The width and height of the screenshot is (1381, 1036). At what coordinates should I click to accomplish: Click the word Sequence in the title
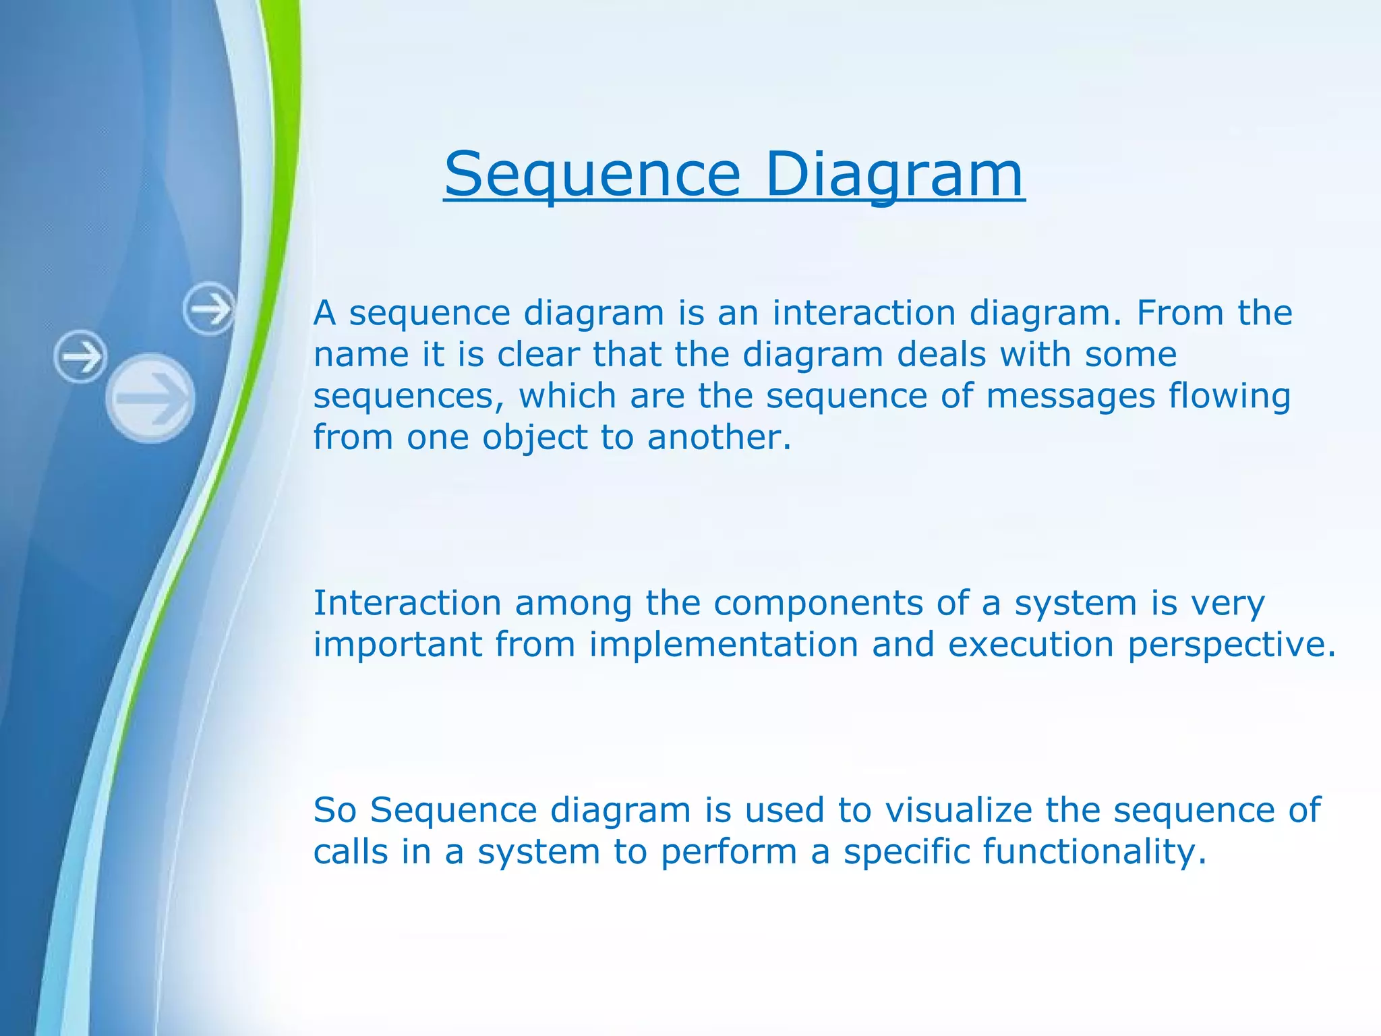point(592,175)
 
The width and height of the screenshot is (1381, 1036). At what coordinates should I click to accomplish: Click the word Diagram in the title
point(894,175)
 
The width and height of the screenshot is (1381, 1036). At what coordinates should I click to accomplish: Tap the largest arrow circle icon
point(151,398)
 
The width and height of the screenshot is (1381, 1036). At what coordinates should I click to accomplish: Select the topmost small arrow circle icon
point(209,310)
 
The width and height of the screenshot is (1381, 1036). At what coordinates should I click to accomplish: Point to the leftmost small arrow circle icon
point(80,356)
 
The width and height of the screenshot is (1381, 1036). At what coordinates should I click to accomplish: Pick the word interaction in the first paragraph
point(863,313)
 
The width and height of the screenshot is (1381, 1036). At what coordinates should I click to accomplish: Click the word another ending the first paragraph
point(717,438)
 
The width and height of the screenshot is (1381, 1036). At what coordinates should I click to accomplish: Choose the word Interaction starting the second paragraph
point(407,603)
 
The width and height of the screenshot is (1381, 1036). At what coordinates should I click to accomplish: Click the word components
point(818,603)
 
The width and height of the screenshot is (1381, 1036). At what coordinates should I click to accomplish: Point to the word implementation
point(724,644)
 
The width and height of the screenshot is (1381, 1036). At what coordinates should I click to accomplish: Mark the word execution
point(1030,644)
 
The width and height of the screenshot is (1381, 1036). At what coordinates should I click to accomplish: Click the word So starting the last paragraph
point(334,810)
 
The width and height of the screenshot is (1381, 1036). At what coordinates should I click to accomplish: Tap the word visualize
point(958,810)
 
